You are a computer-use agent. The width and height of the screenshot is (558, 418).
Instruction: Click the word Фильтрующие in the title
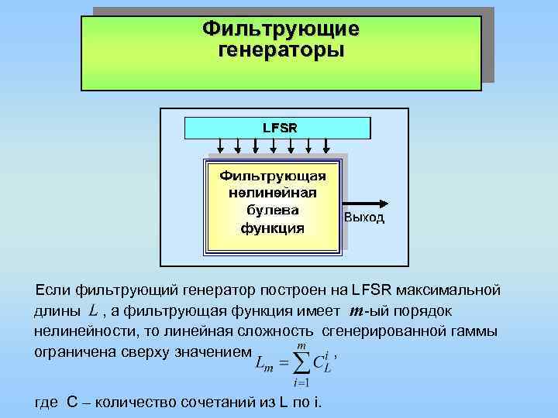(281, 29)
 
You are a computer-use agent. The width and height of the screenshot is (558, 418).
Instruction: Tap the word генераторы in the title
(281, 50)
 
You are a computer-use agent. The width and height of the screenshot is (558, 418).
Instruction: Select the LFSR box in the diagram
(279, 126)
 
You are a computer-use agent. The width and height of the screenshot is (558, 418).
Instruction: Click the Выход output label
(364, 218)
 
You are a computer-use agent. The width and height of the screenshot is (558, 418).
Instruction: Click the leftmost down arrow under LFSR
(221, 145)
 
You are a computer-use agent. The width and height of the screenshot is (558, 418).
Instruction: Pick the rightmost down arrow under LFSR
(327, 145)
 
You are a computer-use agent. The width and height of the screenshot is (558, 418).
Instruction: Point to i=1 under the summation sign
(301, 383)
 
